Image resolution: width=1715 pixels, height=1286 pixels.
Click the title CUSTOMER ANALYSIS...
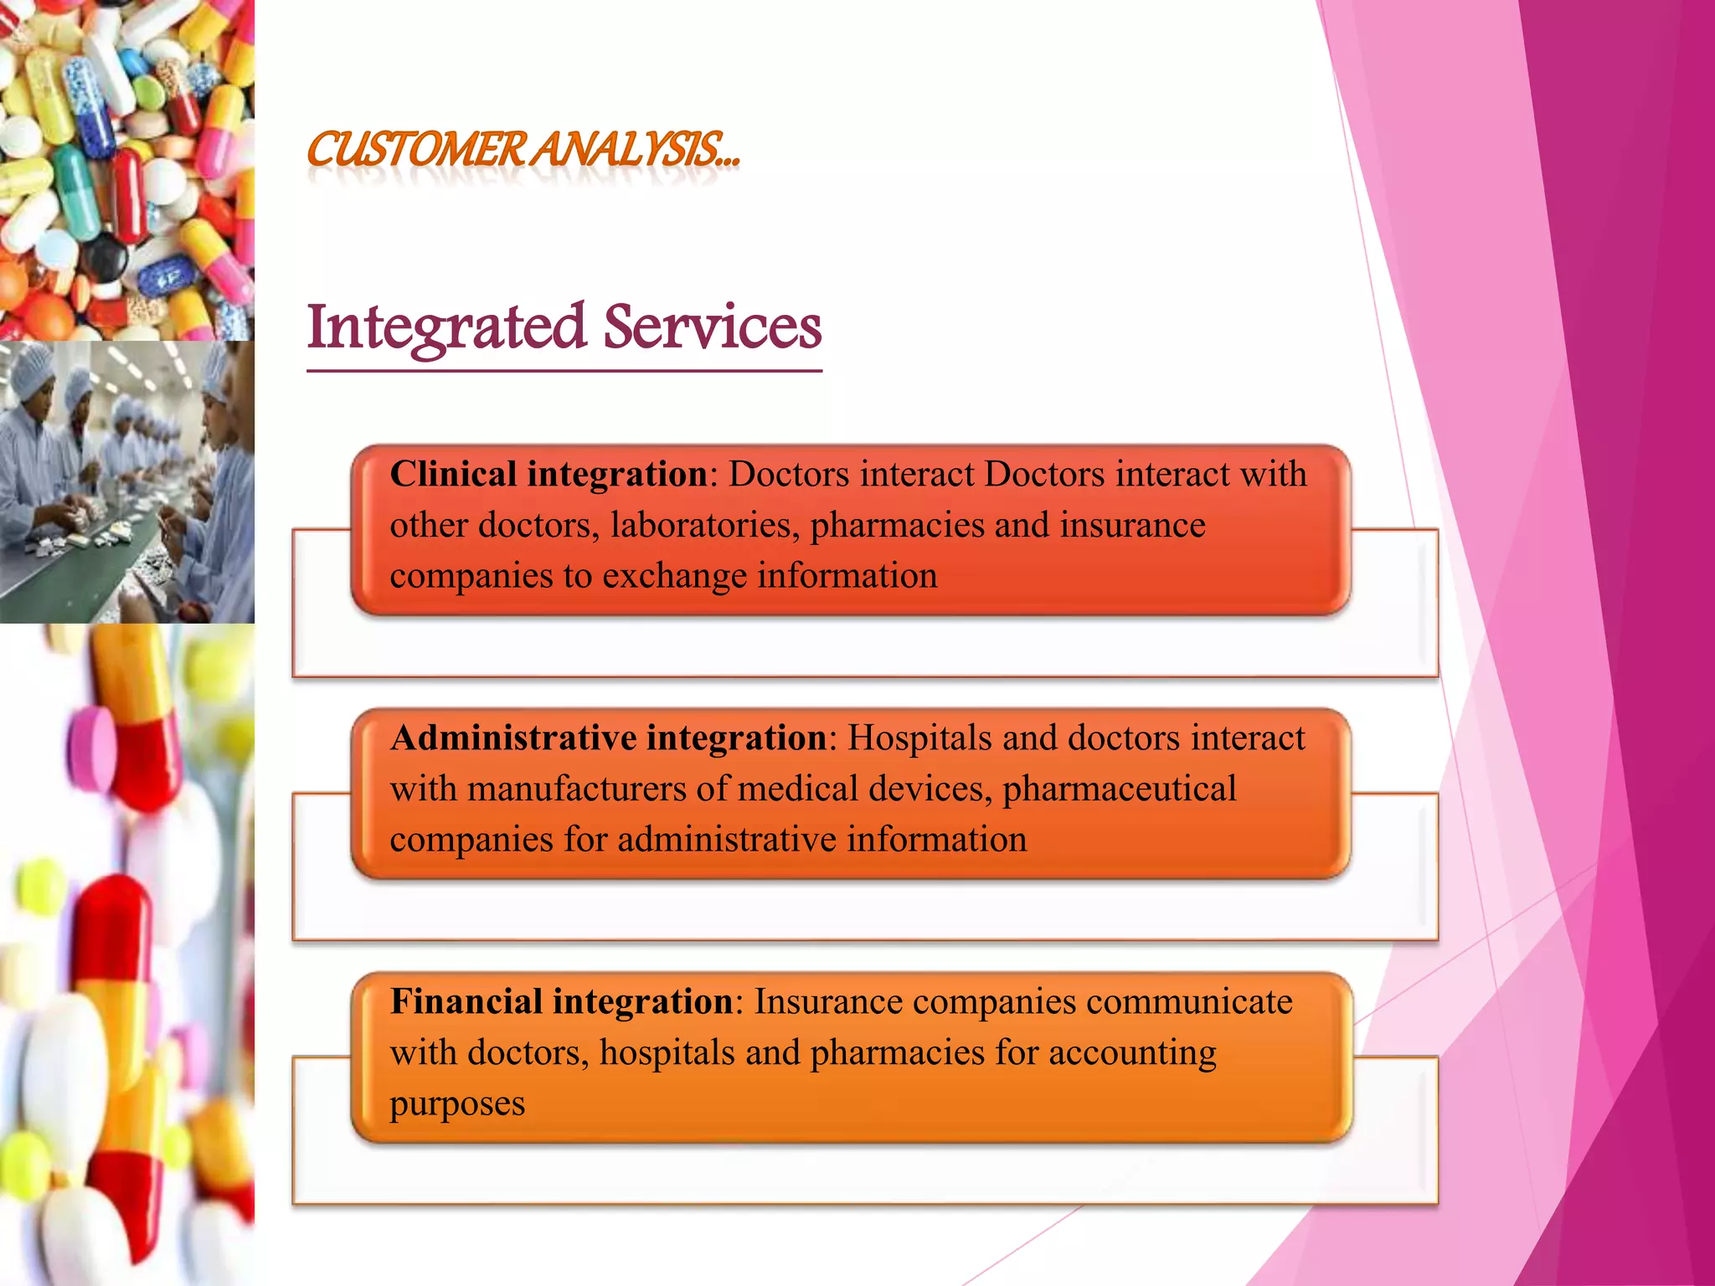pyautogui.click(x=523, y=150)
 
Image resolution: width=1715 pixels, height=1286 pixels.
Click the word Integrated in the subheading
pyautogui.click(x=445, y=327)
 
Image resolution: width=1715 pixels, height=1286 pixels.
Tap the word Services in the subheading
pyautogui.click(x=713, y=327)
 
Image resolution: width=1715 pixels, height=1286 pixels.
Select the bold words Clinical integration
pyautogui.click(x=549, y=474)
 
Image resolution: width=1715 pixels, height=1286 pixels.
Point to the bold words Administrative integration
pyautogui.click(x=609, y=738)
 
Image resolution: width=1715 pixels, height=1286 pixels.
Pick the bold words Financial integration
pyautogui.click(x=562, y=1001)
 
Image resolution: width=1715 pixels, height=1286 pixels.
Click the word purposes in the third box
pyautogui.click(x=457, y=1104)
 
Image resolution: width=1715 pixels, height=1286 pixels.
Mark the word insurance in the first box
pyautogui.click(x=1132, y=525)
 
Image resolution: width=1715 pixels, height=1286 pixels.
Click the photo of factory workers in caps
pyautogui.click(x=126, y=481)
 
